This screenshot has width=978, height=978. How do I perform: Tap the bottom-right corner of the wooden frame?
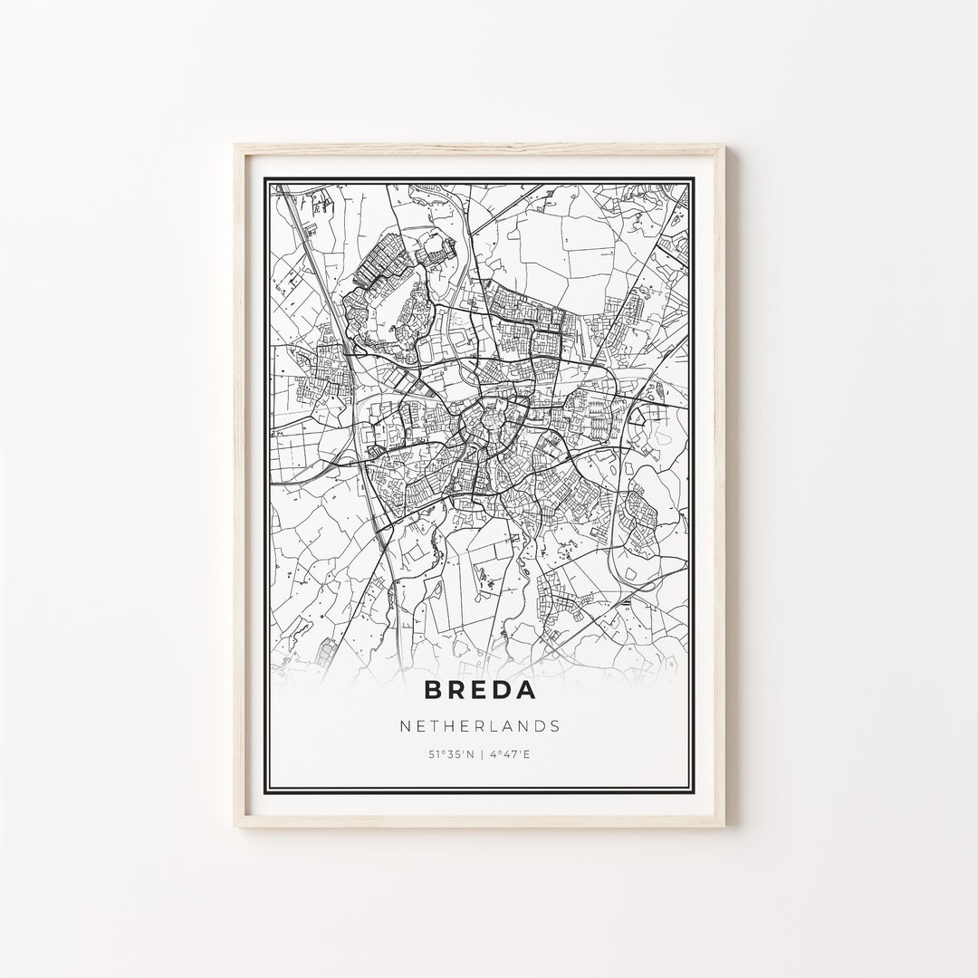click(743, 831)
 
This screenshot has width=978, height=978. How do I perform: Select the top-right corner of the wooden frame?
click(743, 146)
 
